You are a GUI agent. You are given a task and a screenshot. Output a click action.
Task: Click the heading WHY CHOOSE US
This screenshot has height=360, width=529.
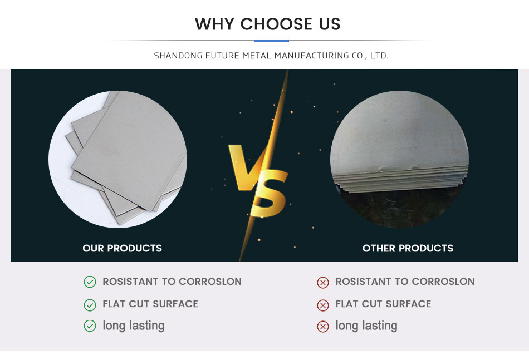[x=267, y=24]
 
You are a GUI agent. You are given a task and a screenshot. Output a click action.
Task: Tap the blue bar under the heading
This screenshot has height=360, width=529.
[x=271, y=41]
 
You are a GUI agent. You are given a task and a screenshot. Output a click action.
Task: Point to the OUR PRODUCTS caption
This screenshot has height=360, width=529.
[x=122, y=248]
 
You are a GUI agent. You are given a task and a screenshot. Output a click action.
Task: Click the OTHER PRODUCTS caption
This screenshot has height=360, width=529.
[x=408, y=248]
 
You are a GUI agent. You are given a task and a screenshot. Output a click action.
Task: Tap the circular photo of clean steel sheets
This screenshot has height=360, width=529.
[x=117, y=159]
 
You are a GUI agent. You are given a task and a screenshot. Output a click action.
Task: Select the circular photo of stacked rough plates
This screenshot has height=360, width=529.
[x=399, y=159]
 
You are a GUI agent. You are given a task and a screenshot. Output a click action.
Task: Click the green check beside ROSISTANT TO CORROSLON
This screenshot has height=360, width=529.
[x=90, y=282]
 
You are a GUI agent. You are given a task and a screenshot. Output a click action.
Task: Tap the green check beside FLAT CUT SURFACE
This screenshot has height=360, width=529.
[x=90, y=305]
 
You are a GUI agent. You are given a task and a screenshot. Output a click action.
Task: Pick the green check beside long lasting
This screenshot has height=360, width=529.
[x=90, y=326]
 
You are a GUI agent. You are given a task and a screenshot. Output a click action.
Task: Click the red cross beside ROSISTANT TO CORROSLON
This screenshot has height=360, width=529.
[x=323, y=283]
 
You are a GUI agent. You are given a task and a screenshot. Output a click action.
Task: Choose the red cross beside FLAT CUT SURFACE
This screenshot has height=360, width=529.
[x=323, y=305]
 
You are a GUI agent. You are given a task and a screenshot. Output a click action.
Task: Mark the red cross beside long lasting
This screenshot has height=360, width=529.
[x=323, y=326]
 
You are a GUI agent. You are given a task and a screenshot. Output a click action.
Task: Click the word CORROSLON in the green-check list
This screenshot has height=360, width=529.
[x=210, y=282]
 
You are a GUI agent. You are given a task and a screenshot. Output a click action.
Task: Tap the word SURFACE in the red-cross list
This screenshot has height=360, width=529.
[x=408, y=304]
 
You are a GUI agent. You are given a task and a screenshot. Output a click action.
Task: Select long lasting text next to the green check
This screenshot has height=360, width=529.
[x=134, y=326]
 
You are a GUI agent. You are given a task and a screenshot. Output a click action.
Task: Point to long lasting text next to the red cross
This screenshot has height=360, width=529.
[x=366, y=326]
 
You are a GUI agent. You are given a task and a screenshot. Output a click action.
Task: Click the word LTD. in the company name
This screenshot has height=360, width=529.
[x=380, y=56]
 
